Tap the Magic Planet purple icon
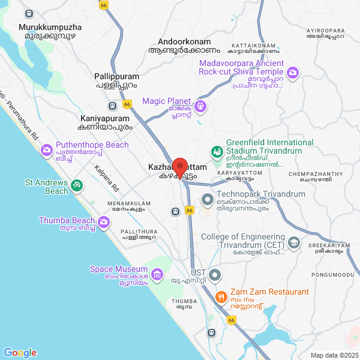tap(200, 107)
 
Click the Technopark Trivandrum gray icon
tap(208, 199)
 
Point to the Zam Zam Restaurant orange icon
tap(221, 297)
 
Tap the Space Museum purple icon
tap(157, 275)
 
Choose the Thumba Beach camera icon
tap(104, 223)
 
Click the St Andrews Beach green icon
tap(76, 185)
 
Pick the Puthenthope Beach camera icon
tap(46, 150)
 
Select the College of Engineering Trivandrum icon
tap(294, 242)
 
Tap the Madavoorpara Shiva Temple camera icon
tap(293, 73)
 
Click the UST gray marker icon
tap(215, 275)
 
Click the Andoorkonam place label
tap(185, 41)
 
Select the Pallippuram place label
tap(116, 77)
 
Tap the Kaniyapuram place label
tap(104, 119)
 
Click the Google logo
tap(20, 353)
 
